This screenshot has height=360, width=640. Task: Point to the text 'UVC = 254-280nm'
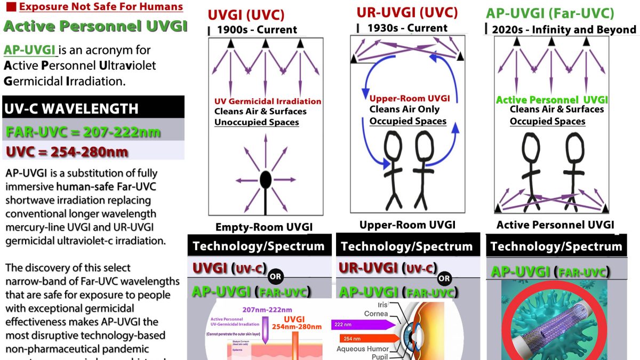[x=67, y=151]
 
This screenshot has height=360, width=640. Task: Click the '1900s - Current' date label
[x=257, y=30]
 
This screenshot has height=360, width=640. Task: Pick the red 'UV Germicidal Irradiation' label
[x=268, y=101]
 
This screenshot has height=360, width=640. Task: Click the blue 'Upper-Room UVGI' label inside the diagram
[x=410, y=99]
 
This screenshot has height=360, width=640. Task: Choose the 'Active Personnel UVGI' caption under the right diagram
[x=555, y=225]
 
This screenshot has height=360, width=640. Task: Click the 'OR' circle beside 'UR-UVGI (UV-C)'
[x=444, y=278]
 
